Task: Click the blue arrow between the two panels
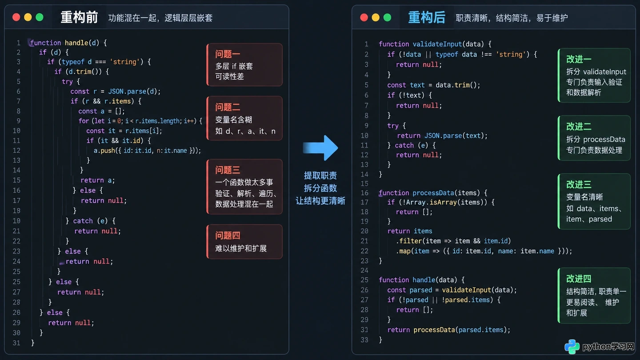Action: [x=320, y=148]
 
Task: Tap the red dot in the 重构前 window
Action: [x=16, y=17]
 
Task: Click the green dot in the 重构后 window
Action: [x=387, y=17]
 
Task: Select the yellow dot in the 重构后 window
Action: [x=376, y=17]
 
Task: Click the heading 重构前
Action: [x=79, y=17]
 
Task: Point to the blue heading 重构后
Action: [x=427, y=17]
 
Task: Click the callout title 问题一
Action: [x=228, y=54]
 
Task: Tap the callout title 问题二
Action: [x=228, y=107]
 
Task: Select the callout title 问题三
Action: [x=228, y=170]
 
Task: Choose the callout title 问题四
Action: [x=228, y=236]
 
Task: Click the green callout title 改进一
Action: [x=579, y=59]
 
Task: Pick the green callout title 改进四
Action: [x=579, y=279]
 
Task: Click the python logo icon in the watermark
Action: [x=572, y=347]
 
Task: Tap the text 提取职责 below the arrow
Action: [x=320, y=176]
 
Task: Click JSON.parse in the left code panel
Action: [x=127, y=92]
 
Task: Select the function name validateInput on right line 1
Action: [x=437, y=44]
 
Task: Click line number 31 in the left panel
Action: [x=16, y=343]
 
